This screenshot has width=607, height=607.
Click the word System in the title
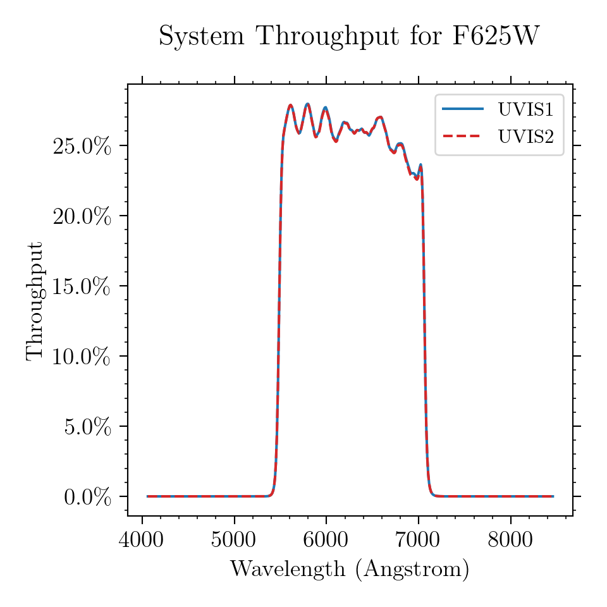[x=202, y=37]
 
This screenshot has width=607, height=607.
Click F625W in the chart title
[x=496, y=35]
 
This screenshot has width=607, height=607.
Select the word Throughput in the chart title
[x=328, y=37]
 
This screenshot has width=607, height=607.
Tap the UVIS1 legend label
[x=525, y=109]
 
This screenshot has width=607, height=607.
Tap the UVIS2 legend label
[x=525, y=137]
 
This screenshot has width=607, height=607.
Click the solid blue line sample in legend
[x=463, y=109]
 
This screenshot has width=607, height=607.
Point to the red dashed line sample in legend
[x=463, y=136]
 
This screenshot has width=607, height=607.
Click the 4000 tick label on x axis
[x=141, y=539]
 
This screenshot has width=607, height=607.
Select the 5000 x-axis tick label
[x=233, y=539]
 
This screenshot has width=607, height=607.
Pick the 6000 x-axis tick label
[x=326, y=539]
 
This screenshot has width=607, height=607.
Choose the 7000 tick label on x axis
[x=418, y=539]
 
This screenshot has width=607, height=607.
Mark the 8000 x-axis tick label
[x=510, y=539]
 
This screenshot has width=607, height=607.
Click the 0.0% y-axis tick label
[x=87, y=497]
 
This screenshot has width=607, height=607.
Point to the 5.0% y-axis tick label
[x=87, y=427]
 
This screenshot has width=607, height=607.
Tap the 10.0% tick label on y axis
[x=82, y=357]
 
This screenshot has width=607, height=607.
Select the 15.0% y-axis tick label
[x=82, y=286]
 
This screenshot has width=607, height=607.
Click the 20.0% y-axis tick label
[x=82, y=216]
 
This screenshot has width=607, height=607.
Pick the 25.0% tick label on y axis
[x=82, y=146]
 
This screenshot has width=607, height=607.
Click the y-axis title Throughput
[x=35, y=301]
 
